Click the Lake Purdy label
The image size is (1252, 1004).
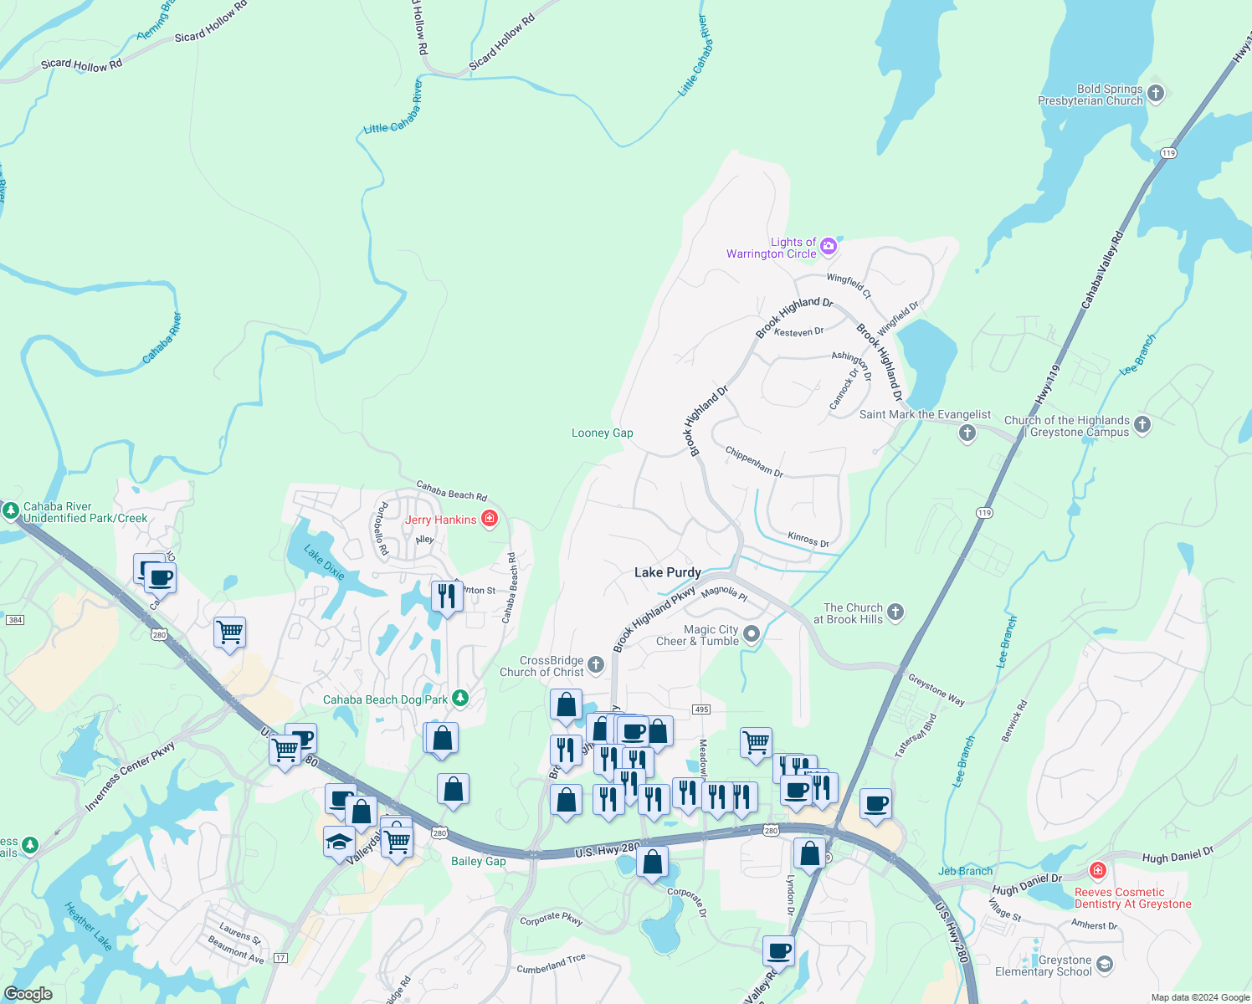pyautogui.click(x=667, y=572)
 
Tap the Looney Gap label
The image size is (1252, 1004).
pyautogui.click(x=602, y=433)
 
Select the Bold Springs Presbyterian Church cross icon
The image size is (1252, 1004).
pyautogui.click(x=1156, y=93)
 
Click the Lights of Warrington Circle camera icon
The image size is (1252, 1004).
pyautogui.click(x=829, y=245)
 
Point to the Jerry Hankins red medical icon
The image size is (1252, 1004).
pyautogui.click(x=490, y=519)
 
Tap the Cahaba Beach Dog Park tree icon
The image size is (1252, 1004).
pyautogui.click(x=459, y=698)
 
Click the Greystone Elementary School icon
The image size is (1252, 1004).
pyautogui.click(x=1104, y=965)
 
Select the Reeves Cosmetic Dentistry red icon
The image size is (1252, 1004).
pyautogui.click(x=1098, y=871)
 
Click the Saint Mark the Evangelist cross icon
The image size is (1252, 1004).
pyautogui.click(x=967, y=433)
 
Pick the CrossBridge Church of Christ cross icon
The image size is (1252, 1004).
pyautogui.click(x=596, y=665)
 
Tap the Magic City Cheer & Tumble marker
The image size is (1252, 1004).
pyautogui.click(x=751, y=634)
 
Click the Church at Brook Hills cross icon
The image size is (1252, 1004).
pyautogui.click(x=895, y=612)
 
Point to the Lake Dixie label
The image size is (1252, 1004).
pyautogui.click(x=324, y=562)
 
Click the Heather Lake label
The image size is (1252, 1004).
pyautogui.click(x=89, y=925)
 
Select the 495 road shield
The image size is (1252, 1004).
pyautogui.click(x=701, y=709)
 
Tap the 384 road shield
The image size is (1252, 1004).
pyautogui.click(x=14, y=620)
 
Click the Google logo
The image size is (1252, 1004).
pyautogui.click(x=28, y=994)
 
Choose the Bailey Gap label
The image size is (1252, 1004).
pyautogui.click(x=478, y=861)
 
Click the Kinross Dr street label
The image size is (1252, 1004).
pyautogui.click(x=808, y=540)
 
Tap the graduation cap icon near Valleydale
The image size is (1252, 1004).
pyautogui.click(x=339, y=841)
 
